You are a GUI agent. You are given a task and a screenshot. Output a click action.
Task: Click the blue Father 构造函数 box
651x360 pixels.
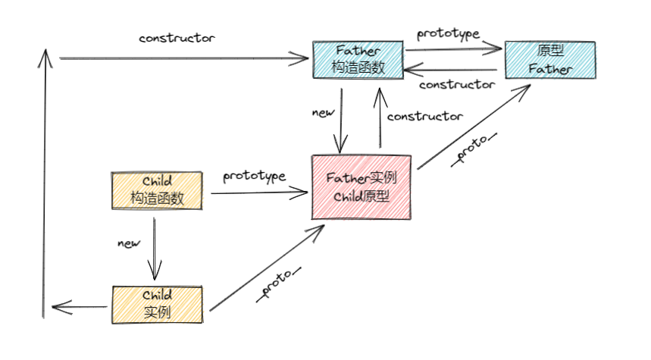(358, 60)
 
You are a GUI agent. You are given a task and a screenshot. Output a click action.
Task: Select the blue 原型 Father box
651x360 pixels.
(550, 60)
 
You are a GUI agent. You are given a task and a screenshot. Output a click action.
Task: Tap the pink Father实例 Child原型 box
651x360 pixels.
(361, 187)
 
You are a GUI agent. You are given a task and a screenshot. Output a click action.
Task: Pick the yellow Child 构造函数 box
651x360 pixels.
(157, 191)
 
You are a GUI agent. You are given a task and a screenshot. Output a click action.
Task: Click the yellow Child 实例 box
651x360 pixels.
(158, 303)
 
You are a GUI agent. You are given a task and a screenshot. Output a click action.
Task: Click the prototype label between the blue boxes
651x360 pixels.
(449, 34)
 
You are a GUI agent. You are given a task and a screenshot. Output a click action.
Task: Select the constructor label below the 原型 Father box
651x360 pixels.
(456, 84)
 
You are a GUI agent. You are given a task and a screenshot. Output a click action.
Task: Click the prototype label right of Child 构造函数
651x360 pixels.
(254, 177)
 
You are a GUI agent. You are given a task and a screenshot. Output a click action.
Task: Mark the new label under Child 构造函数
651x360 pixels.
(129, 243)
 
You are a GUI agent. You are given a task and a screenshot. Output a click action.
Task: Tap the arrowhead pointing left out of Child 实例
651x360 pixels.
(56, 307)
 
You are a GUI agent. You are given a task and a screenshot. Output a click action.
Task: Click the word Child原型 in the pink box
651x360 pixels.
(361, 196)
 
